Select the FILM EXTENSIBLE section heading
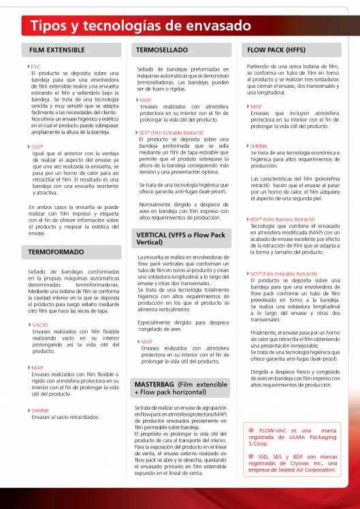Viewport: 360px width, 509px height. [57, 50]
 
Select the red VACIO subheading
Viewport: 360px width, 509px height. [39, 325]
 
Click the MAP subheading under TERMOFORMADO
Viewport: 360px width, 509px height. [37, 367]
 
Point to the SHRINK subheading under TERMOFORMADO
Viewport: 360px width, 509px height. [40, 410]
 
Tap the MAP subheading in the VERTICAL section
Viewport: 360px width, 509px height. [146, 342]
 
